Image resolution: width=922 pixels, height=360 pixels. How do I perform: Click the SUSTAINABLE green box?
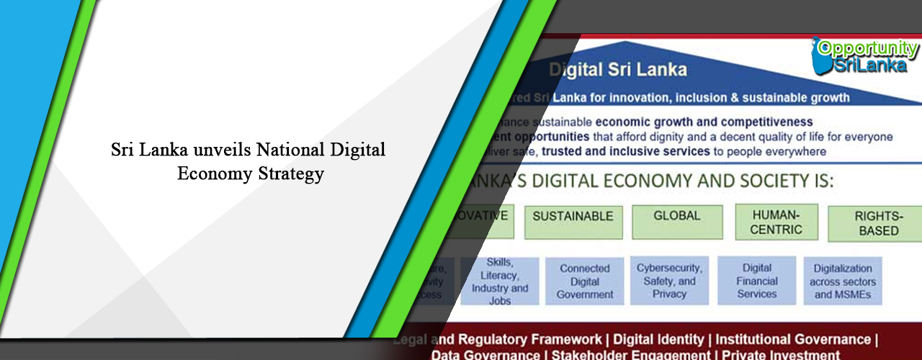coord(573,221)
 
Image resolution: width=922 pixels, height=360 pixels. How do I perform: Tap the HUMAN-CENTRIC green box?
coord(776,222)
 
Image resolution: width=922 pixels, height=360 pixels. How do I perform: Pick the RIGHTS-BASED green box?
coord(875,224)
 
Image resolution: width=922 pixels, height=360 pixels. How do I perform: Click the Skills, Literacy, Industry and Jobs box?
coord(499,281)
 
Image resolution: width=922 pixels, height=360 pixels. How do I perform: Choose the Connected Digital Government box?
coord(585,281)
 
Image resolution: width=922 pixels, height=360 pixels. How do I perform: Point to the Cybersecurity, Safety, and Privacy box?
coord(669,281)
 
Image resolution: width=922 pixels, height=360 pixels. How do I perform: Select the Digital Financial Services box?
coord(757,281)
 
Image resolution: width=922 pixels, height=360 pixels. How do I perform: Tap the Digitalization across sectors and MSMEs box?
coord(842,282)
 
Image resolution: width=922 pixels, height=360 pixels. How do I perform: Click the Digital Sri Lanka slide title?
coord(617,70)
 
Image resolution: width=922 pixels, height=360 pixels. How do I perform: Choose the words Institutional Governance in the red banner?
coord(792,339)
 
